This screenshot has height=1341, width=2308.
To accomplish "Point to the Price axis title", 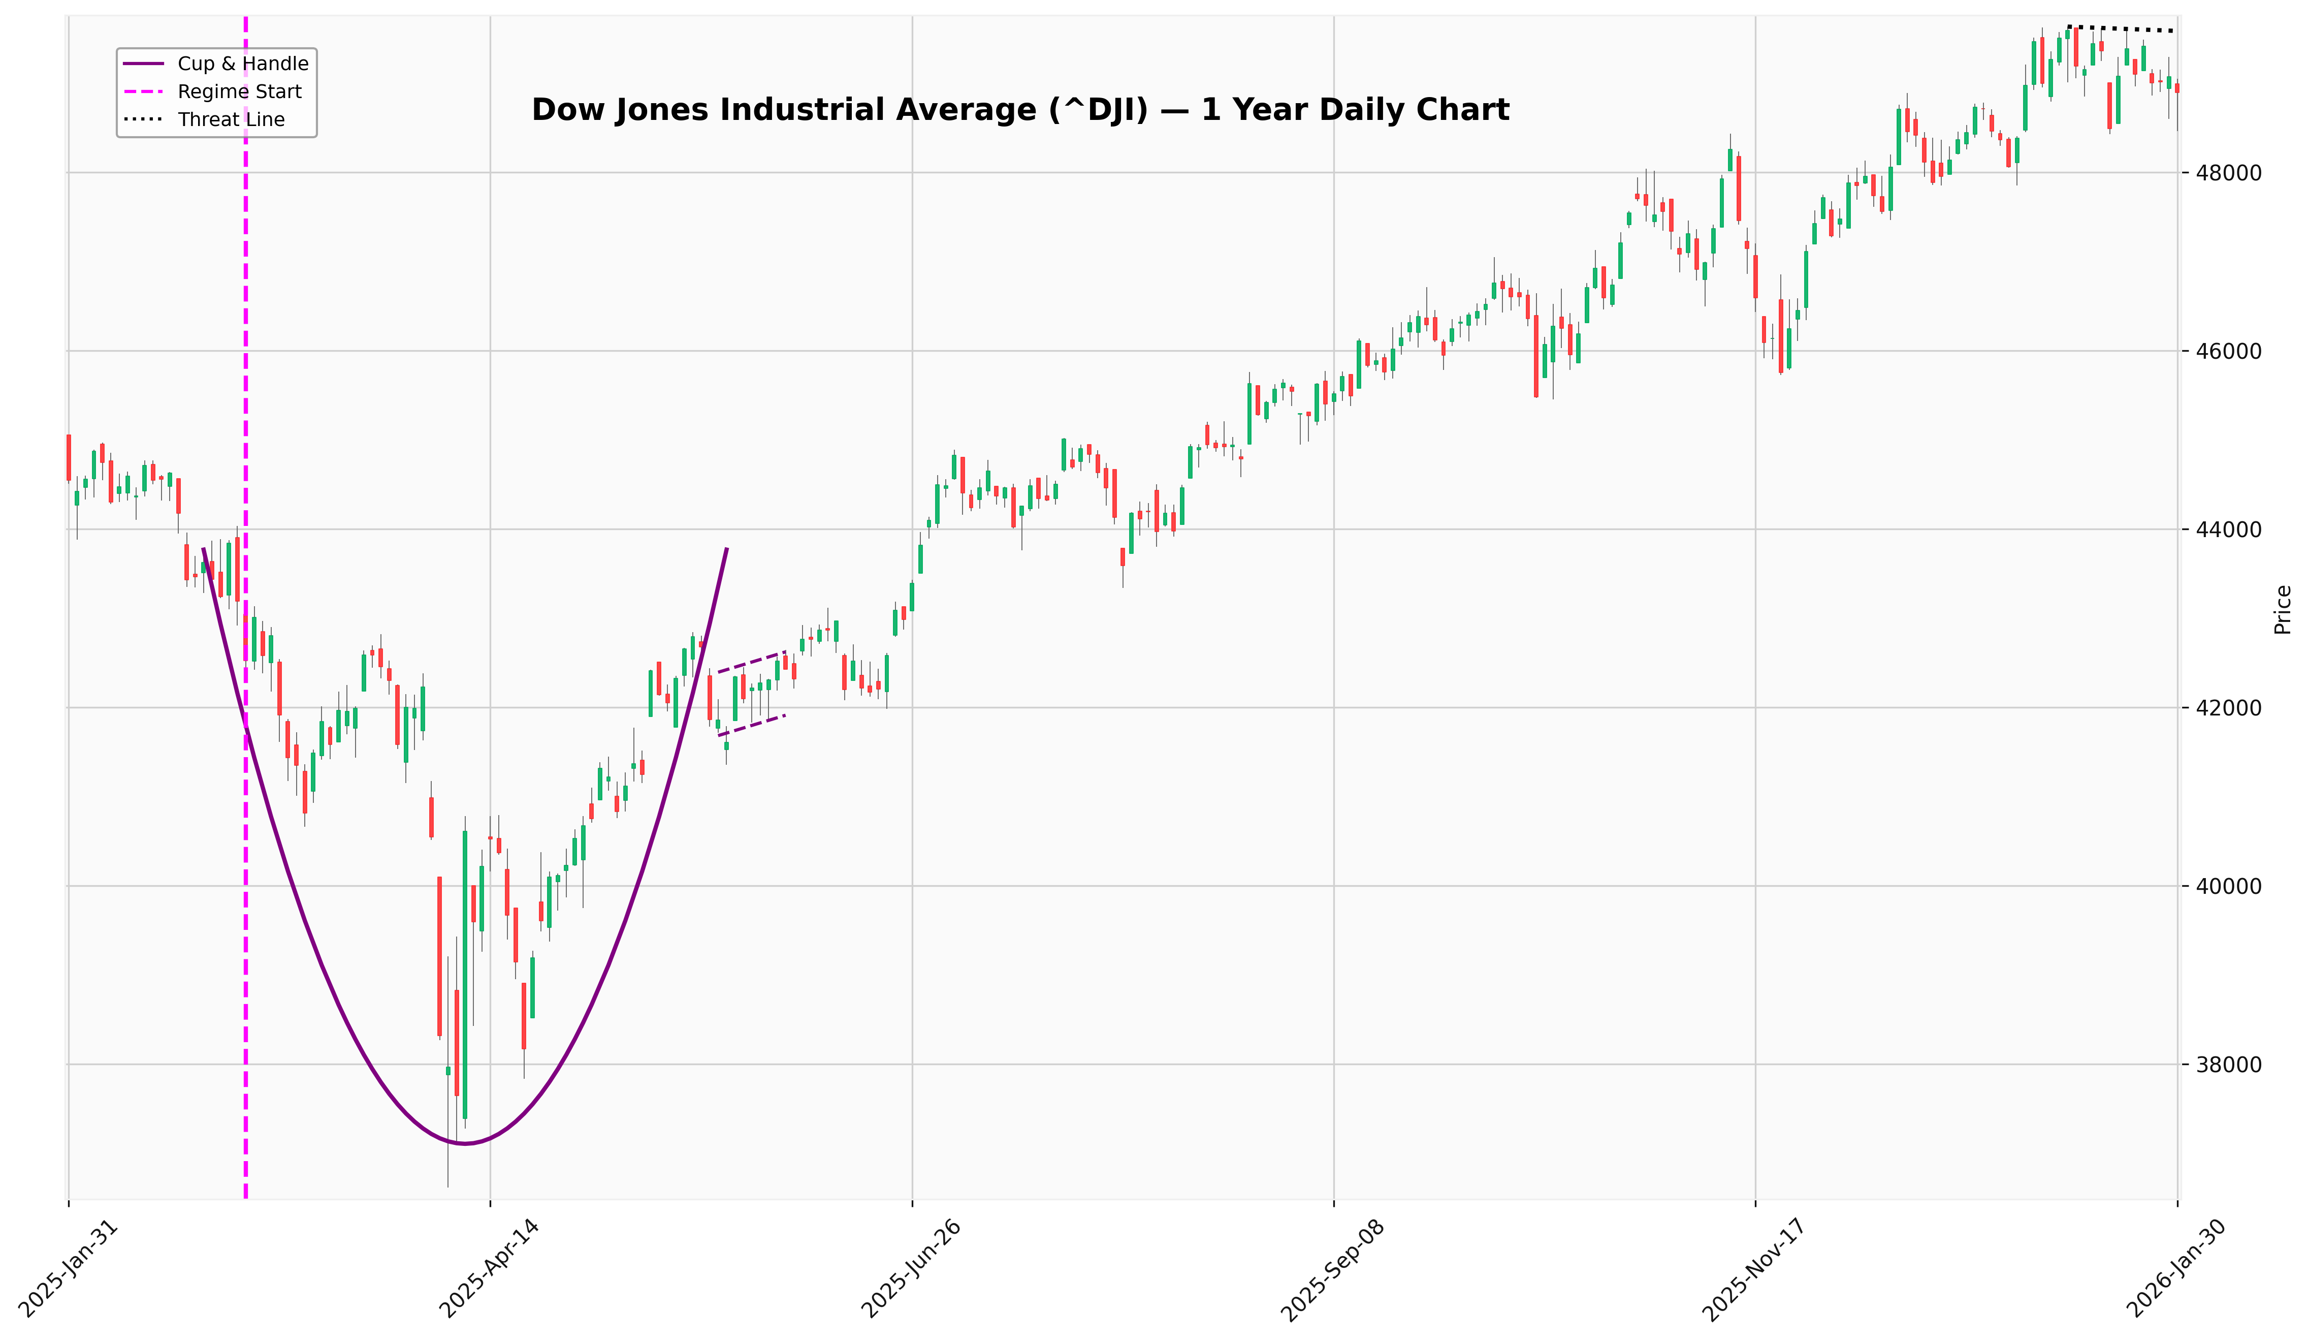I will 2283,609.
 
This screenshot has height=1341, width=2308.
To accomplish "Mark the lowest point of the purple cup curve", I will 464,1144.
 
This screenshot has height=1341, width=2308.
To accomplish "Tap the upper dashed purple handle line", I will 751,661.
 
